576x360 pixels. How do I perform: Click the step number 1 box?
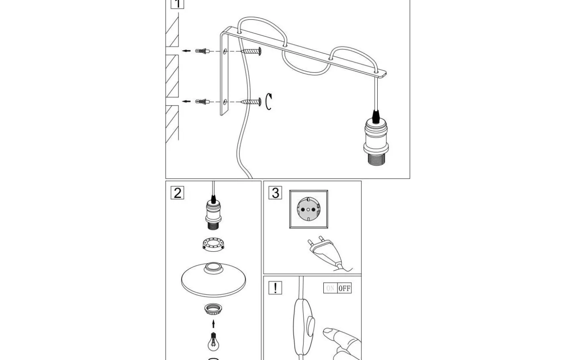pos(177,4)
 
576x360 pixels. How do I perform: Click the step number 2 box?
pos(177,193)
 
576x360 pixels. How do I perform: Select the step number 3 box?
pos(275,193)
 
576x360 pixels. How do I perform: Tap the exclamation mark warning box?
pos(275,288)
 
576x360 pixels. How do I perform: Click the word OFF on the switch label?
pos(344,288)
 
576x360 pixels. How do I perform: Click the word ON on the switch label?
pos(330,288)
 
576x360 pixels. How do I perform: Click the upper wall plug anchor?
pos(202,51)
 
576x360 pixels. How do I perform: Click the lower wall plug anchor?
pos(202,102)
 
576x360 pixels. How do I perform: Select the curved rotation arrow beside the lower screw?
pos(269,102)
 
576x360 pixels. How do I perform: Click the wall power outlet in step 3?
pos(309,209)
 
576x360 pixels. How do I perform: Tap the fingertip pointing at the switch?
pos(329,332)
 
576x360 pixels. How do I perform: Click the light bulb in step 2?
pos(213,341)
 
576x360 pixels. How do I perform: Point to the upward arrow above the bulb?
pos(213,323)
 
